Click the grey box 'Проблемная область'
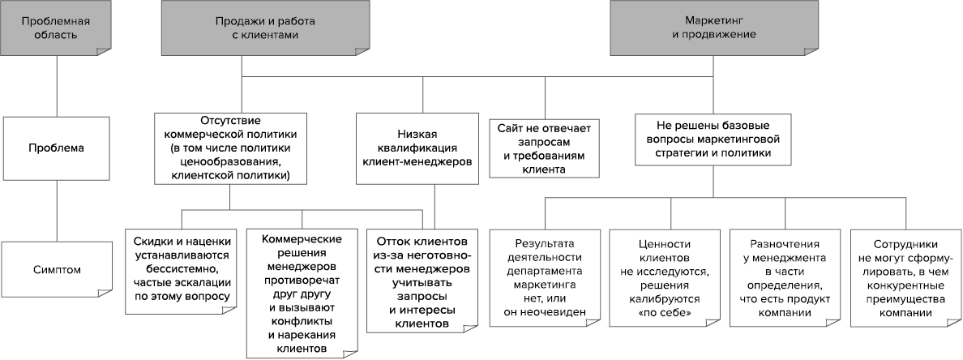click(56, 29)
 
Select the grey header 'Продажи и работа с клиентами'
click(241, 29)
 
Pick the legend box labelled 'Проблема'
click(56, 148)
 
